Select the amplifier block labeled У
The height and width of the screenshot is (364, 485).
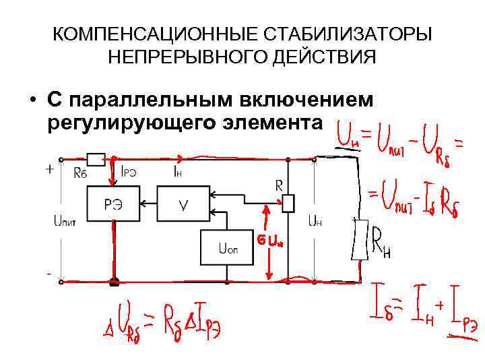click(x=183, y=206)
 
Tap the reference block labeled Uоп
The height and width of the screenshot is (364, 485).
click(x=227, y=248)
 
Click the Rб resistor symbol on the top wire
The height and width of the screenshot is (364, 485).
click(x=96, y=159)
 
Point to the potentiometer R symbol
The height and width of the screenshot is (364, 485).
click(x=288, y=202)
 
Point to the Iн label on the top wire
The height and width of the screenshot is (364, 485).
click(x=176, y=172)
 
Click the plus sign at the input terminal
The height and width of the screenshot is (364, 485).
click(x=49, y=170)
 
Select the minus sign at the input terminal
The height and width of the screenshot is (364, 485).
click(x=48, y=274)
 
